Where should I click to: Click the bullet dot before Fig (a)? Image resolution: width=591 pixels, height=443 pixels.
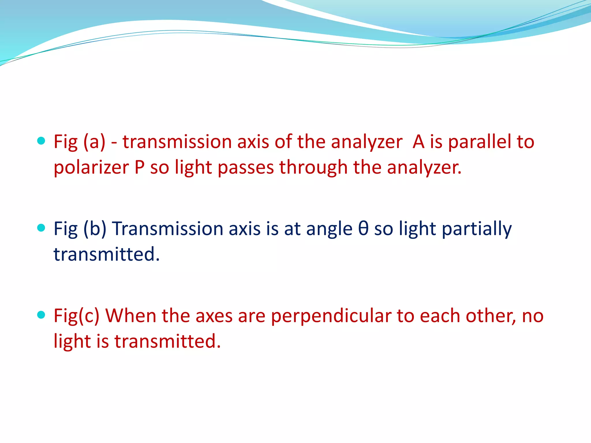41,141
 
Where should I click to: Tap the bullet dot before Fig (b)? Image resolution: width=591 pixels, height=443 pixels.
41,228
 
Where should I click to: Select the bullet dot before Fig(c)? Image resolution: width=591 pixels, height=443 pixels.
41,315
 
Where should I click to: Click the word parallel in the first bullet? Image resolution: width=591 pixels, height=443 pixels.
479,142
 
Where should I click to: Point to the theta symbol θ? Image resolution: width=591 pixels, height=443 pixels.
363,229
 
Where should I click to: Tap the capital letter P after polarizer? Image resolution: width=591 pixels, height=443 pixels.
139,168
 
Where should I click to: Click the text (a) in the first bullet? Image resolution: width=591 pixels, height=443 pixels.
94,142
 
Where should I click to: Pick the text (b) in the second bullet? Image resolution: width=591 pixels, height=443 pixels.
95,229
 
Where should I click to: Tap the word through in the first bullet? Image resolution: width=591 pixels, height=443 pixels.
313,168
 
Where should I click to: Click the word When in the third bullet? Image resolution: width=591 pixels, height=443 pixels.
130,316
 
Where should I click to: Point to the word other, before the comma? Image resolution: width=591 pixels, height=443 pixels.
490,316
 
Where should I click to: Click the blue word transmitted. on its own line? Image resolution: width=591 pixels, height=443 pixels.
106,254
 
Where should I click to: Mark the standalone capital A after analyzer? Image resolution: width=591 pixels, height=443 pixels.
418,142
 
